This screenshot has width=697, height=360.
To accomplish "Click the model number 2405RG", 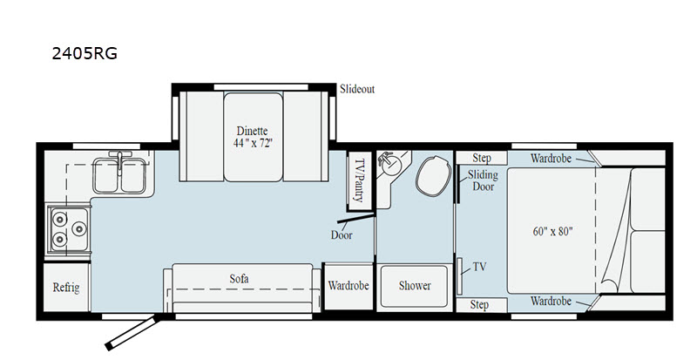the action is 85,53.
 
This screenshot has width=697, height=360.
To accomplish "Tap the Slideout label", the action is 357,89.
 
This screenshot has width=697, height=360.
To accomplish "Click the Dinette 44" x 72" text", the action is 252,137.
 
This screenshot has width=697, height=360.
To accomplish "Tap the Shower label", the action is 415,286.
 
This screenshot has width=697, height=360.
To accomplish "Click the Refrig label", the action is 66,288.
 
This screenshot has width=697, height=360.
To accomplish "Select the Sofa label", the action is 239,279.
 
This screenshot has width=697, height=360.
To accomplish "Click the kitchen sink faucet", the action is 119,161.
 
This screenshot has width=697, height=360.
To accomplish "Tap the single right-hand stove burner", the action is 79,228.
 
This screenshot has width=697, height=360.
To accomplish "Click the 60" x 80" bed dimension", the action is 552,231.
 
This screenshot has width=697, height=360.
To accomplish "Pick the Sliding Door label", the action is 483,180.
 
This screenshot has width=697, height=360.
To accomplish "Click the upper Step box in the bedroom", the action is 482,158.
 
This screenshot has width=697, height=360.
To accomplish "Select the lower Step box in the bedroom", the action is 482,305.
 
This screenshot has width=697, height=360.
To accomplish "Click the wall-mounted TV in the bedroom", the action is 459,276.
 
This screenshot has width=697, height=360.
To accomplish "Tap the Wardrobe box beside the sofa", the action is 348,286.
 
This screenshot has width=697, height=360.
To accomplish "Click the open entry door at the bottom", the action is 132,332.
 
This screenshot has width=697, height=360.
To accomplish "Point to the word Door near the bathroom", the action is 342,235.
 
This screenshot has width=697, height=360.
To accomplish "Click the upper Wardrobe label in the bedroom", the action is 551,158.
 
